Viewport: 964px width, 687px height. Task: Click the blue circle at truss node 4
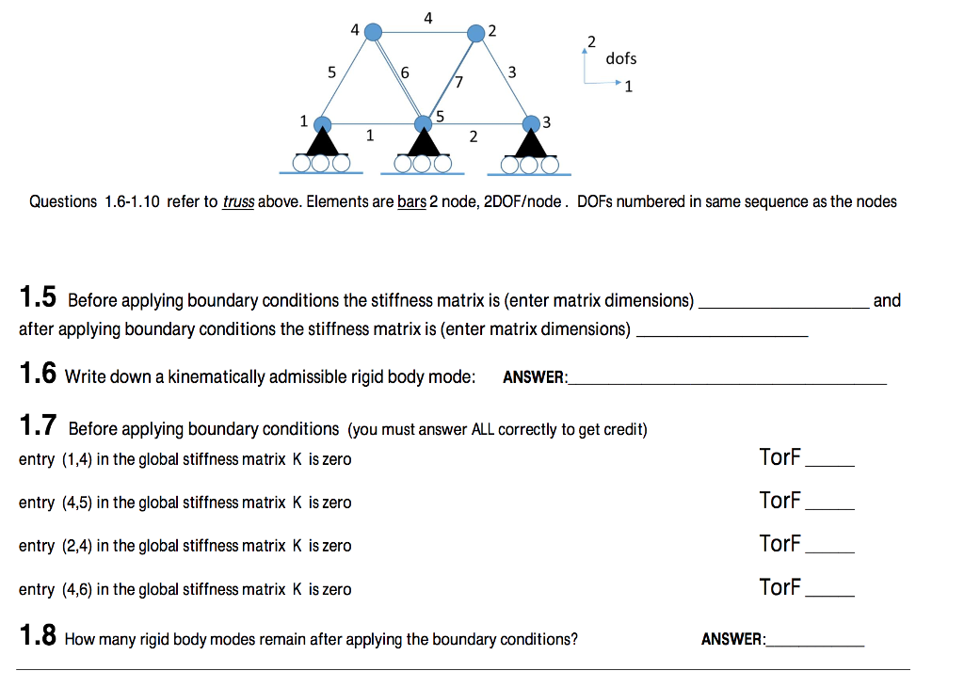pyautogui.click(x=373, y=31)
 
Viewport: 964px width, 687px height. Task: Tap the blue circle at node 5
pyautogui.click(x=424, y=123)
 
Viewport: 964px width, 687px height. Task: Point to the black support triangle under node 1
pyautogui.click(x=323, y=143)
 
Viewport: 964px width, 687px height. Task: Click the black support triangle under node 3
pyautogui.click(x=532, y=143)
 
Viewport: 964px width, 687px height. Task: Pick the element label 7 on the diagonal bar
pyautogui.click(x=458, y=82)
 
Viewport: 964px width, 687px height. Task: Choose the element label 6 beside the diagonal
pyautogui.click(x=405, y=72)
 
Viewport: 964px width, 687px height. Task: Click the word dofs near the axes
pyautogui.click(x=620, y=58)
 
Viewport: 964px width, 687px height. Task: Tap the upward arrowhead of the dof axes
pyautogui.click(x=586, y=51)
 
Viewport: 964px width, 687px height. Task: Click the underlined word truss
pyautogui.click(x=238, y=201)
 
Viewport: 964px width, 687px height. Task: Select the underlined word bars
pyautogui.click(x=411, y=201)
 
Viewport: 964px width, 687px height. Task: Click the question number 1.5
pyautogui.click(x=39, y=299)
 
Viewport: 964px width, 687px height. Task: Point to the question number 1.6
pyautogui.click(x=39, y=375)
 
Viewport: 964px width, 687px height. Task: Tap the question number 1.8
pyautogui.click(x=39, y=638)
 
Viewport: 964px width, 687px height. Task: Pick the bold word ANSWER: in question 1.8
pyautogui.click(x=733, y=639)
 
